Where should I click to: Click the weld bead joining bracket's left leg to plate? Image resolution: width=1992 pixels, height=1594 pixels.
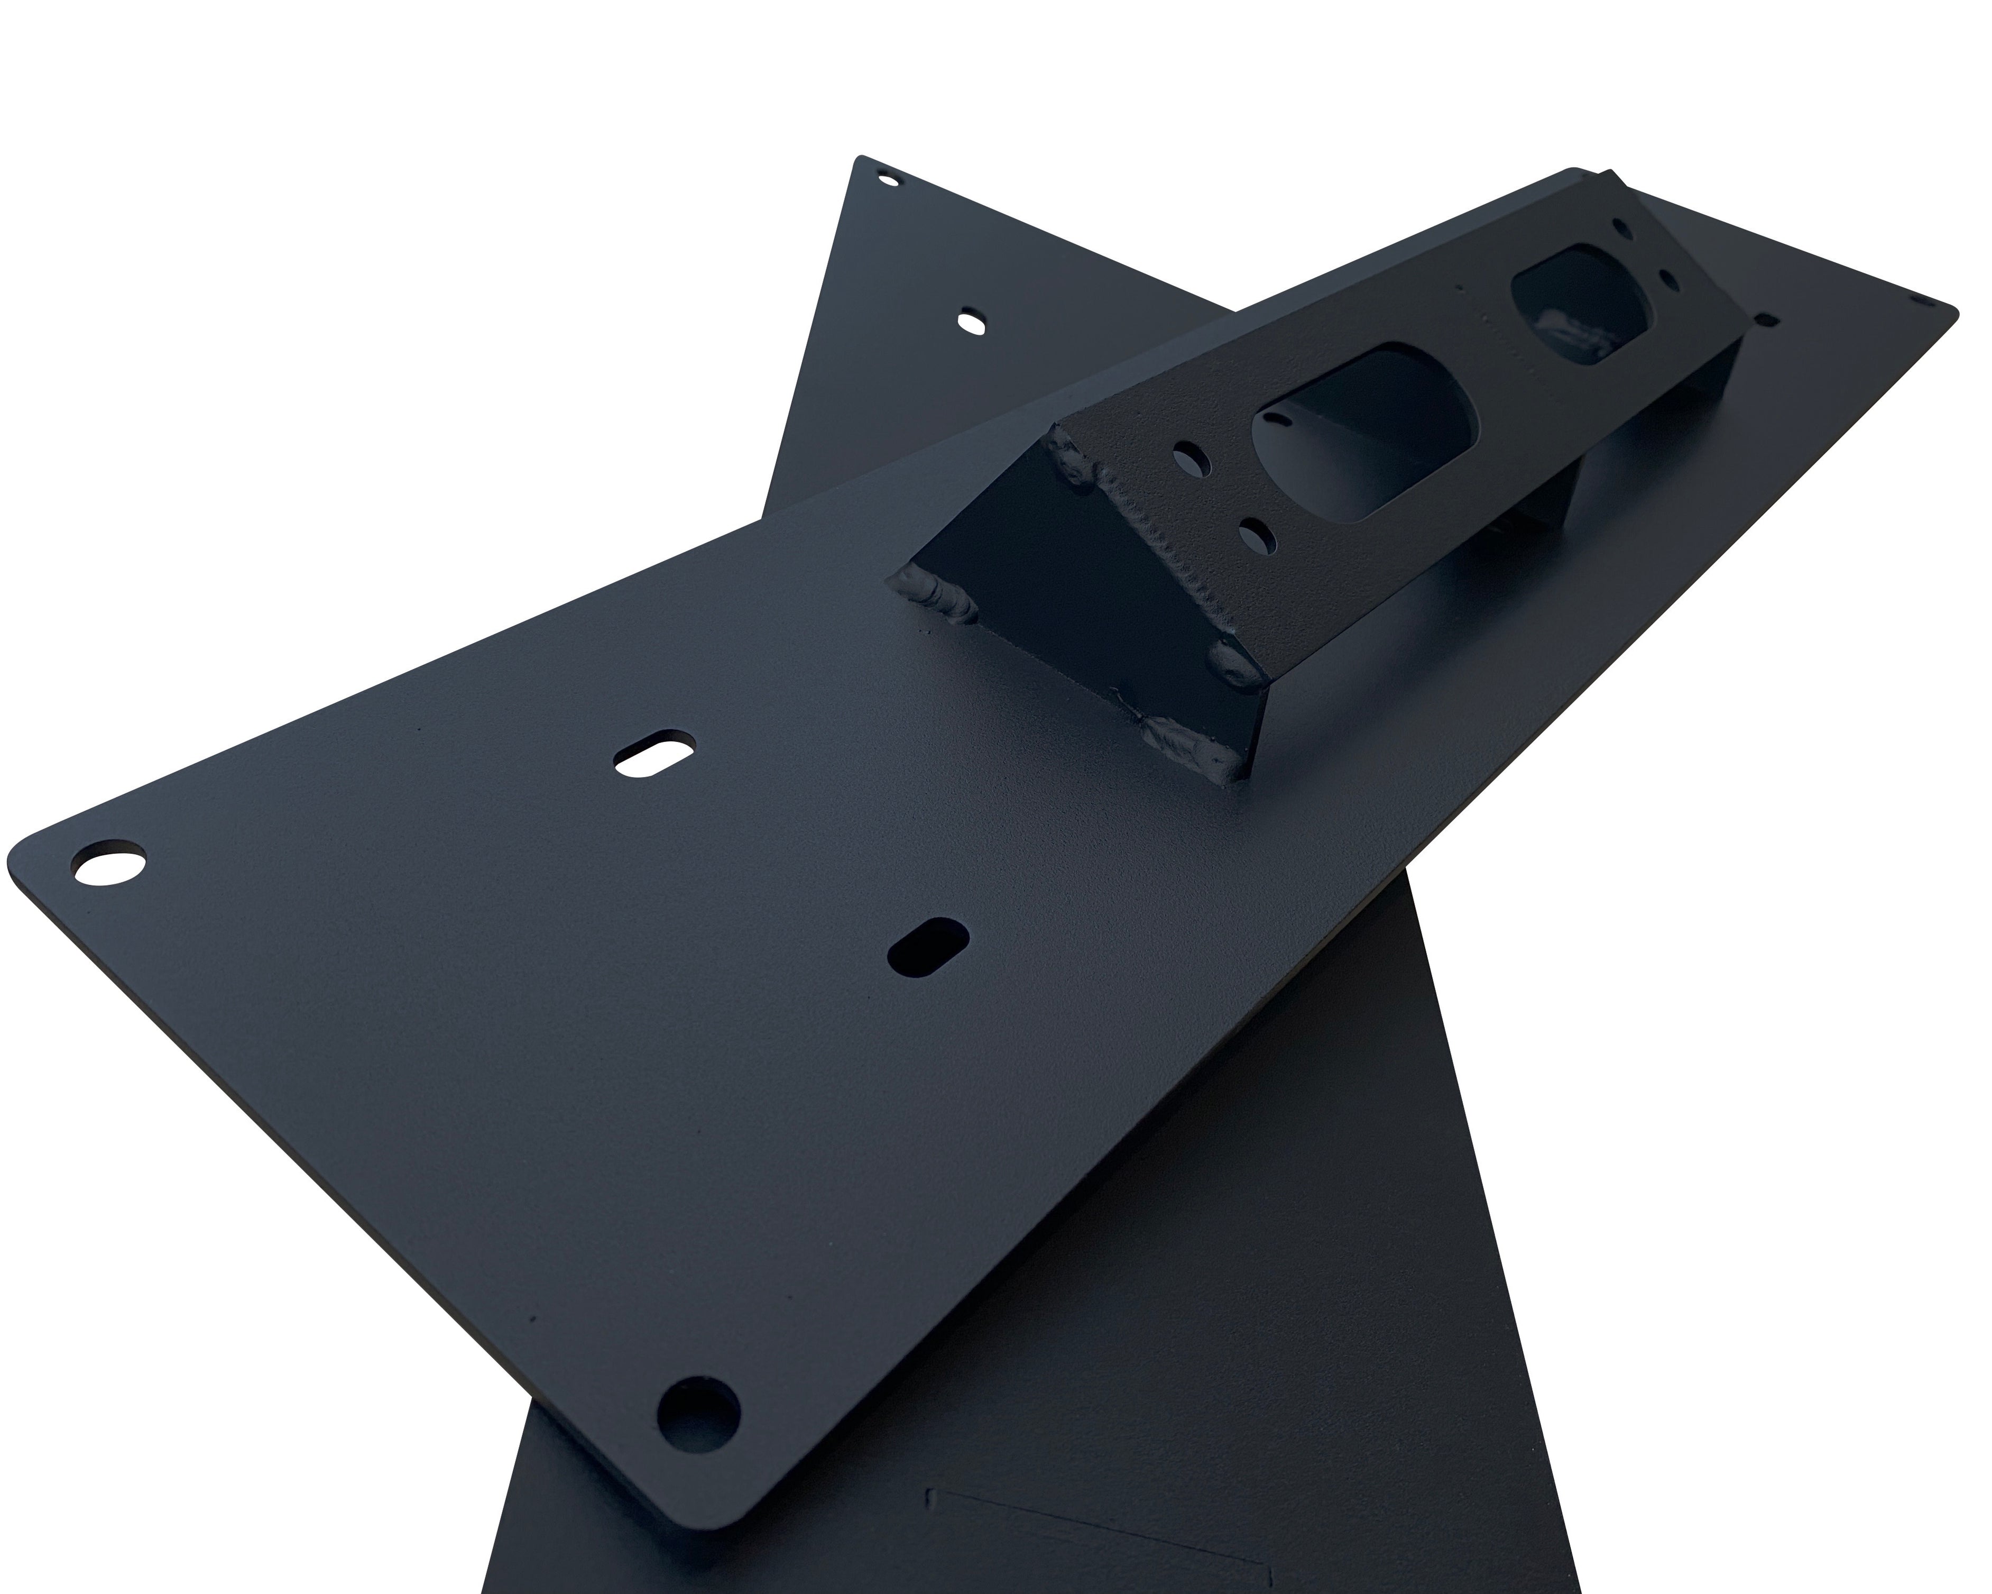coord(933,591)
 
